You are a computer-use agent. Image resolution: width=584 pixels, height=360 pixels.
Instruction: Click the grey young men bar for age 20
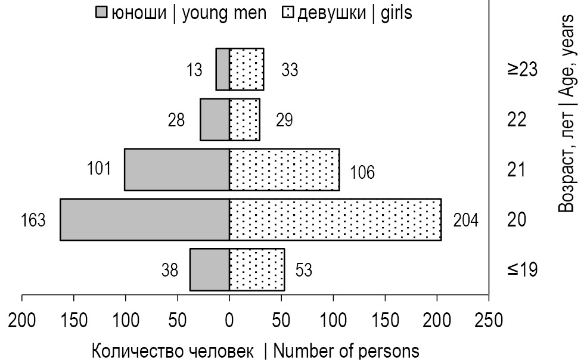pos(145,220)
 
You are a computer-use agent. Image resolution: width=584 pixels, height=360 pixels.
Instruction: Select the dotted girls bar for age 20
pos(335,220)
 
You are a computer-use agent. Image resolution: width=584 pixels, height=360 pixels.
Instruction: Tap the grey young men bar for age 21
pos(176,170)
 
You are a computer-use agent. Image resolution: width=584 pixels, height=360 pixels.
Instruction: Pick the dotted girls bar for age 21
pos(284,170)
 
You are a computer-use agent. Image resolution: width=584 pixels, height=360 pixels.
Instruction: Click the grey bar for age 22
pos(215,120)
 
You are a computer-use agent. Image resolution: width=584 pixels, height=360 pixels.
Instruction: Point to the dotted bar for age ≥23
pos(247,70)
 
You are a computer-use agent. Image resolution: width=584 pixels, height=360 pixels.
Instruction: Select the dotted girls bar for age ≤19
pos(257,270)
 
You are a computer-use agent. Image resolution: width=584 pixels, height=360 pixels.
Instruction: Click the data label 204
pos(465,221)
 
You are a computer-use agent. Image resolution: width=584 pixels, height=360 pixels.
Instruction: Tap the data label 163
pos(33,221)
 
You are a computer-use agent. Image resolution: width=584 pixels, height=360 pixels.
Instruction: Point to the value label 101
pos(98,169)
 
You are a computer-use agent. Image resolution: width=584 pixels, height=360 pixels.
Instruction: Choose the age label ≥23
pos(523,70)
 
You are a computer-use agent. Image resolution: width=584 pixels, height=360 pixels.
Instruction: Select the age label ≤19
pos(523,270)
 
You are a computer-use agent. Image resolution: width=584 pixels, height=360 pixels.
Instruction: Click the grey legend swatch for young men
pos(101,13)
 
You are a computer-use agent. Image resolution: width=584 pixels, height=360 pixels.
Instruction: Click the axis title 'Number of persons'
pos(346,349)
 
